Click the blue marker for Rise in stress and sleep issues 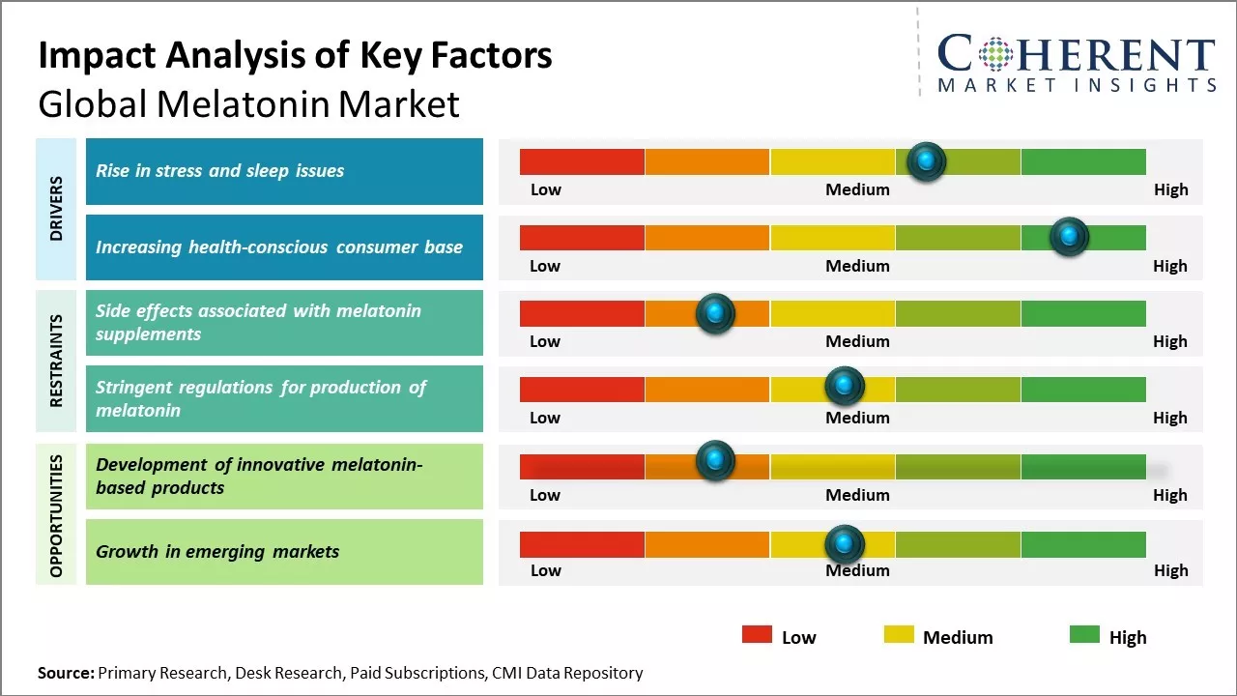(x=927, y=161)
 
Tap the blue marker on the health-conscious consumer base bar (x=1069, y=237)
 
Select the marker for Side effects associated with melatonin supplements (x=715, y=313)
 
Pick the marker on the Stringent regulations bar (x=844, y=386)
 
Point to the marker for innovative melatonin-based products (x=715, y=461)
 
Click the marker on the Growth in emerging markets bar (x=844, y=544)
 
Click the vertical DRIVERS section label (x=56, y=209)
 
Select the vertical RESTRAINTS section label (x=56, y=361)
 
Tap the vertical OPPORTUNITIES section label (x=56, y=515)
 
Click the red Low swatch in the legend (x=757, y=635)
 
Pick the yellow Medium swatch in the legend (x=899, y=635)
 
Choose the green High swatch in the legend (x=1084, y=635)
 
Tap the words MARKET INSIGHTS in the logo (x=1077, y=86)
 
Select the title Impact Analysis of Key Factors (x=295, y=56)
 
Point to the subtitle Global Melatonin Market (x=248, y=104)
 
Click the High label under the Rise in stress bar (x=1170, y=189)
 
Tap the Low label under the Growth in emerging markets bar (x=545, y=570)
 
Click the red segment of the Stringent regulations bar (x=582, y=390)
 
